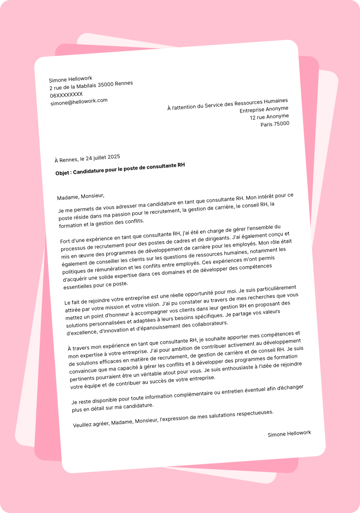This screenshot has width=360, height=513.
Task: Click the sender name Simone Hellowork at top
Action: [70, 79]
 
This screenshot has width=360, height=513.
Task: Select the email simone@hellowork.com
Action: [79, 102]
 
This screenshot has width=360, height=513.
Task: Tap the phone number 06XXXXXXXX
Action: [66, 94]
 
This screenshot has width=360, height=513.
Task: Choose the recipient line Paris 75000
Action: [275, 124]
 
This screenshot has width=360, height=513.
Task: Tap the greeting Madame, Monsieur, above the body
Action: [81, 197]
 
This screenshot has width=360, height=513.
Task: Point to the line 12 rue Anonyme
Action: [269, 117]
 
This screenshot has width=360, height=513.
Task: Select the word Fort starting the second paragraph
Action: [66, 241]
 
